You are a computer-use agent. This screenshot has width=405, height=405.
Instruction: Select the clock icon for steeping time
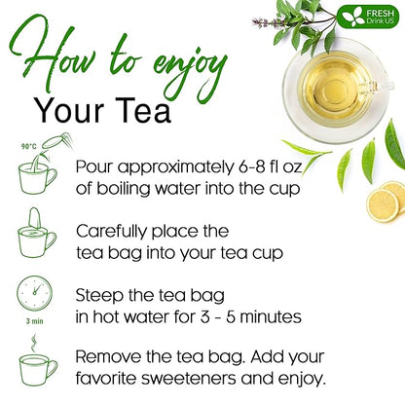[x=34, y=291]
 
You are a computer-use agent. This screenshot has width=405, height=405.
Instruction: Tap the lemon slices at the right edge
[x=387, y=200]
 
